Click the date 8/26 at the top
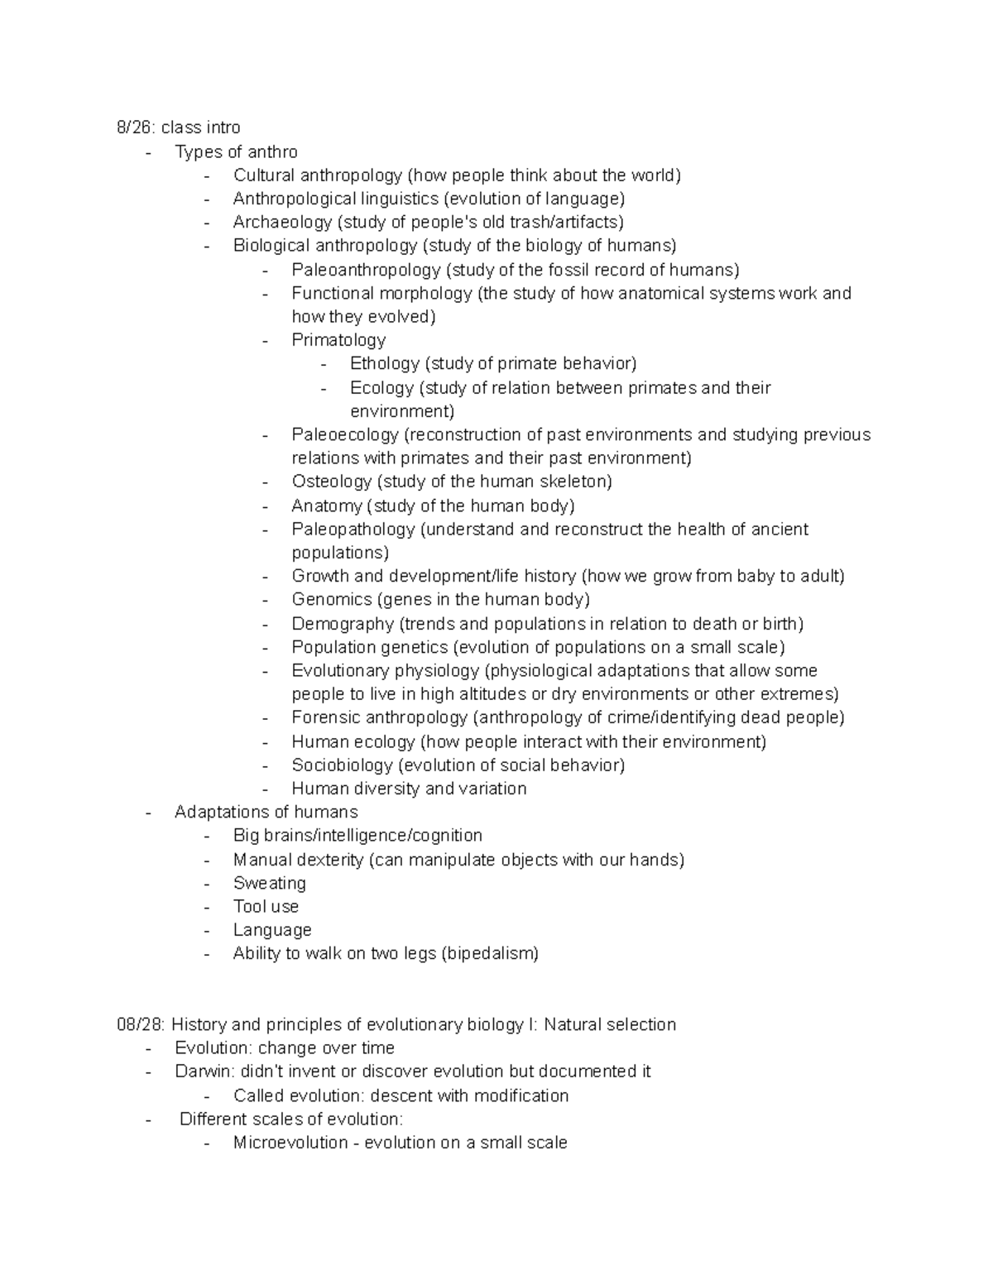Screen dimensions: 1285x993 tap(135, 127)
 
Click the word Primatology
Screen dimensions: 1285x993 tap(338, 340)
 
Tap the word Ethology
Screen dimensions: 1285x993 tap(385, 363)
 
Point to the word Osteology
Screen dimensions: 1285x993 tap(331, 482)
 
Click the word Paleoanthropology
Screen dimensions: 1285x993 tap(366, 270)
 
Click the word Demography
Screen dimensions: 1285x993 tap(342, 624)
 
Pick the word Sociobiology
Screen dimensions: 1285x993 tap(341, 765)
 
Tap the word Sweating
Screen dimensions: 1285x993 tap(269, 883)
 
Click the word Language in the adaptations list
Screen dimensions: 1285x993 tap(271, 930)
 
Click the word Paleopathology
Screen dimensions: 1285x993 tap(353, 529)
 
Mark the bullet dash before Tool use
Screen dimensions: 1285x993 tap(206, 907)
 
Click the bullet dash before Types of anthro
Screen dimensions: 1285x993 tap(148, 152)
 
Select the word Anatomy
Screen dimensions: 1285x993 tap(326, 506)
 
